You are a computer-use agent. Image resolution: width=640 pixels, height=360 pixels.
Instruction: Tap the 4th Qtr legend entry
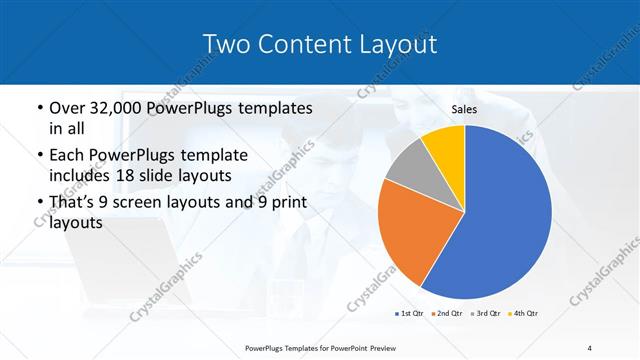point(524,314)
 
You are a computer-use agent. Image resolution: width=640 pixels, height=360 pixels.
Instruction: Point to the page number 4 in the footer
point(590,347)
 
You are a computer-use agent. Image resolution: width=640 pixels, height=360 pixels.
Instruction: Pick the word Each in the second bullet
point(67,156)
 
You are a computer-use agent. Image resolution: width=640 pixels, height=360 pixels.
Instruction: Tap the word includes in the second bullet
point(80,176)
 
